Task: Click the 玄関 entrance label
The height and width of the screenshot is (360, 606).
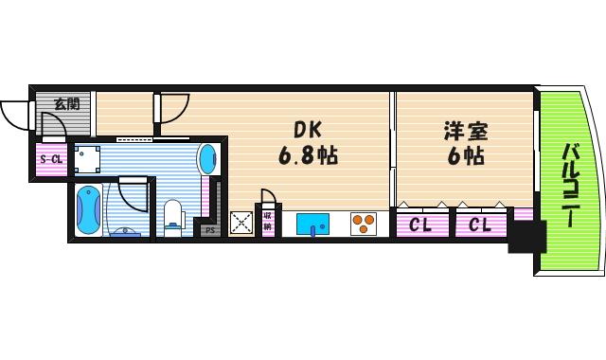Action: (x=66, y=104)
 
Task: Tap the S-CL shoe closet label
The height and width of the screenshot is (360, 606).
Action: (x=50, y=158)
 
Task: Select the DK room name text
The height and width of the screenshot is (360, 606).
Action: (x=306, y=130)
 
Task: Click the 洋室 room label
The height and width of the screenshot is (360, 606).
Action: (x=461, y=130)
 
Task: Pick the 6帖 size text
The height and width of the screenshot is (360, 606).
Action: (x=461, y=155)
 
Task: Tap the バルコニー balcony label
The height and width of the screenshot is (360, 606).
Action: (x=571, y=185)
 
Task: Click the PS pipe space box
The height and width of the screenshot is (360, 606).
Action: (x=209, y=228)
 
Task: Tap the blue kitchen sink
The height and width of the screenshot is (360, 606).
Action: (x=313, y=225)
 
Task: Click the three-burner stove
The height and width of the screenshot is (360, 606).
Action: (x=364, y=224)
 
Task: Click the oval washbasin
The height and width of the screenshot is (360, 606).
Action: (x=207, y=157)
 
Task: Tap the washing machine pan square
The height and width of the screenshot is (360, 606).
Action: (x=89, y=158)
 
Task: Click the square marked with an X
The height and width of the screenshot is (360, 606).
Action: (x=241, y=224)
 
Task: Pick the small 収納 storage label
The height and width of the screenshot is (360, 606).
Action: (x=268, y=225)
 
